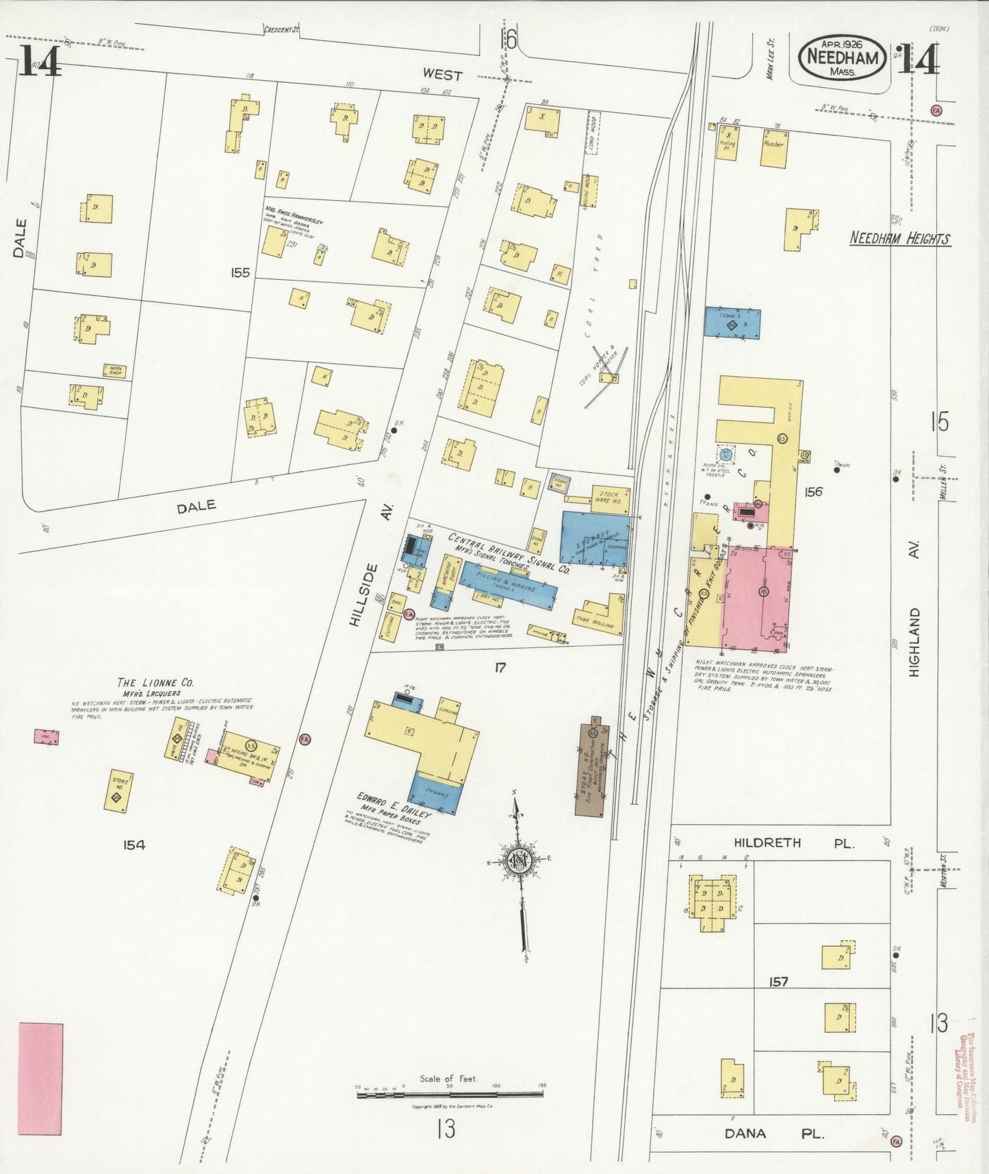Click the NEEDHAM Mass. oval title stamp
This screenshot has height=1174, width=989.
tap(843, 58)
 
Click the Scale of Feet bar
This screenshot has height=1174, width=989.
tap(450, 1094)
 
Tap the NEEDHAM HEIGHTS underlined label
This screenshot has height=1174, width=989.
tap(899, 239)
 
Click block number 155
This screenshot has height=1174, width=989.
tap(240, 273)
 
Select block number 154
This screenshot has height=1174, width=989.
tap(134, 845)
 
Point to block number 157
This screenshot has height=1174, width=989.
tap(778, 982)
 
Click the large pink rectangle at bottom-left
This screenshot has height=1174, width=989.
tap(40, 1079)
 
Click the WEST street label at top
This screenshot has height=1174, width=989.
tap(442, 74)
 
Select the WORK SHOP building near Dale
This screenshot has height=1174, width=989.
tap(114, 371)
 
